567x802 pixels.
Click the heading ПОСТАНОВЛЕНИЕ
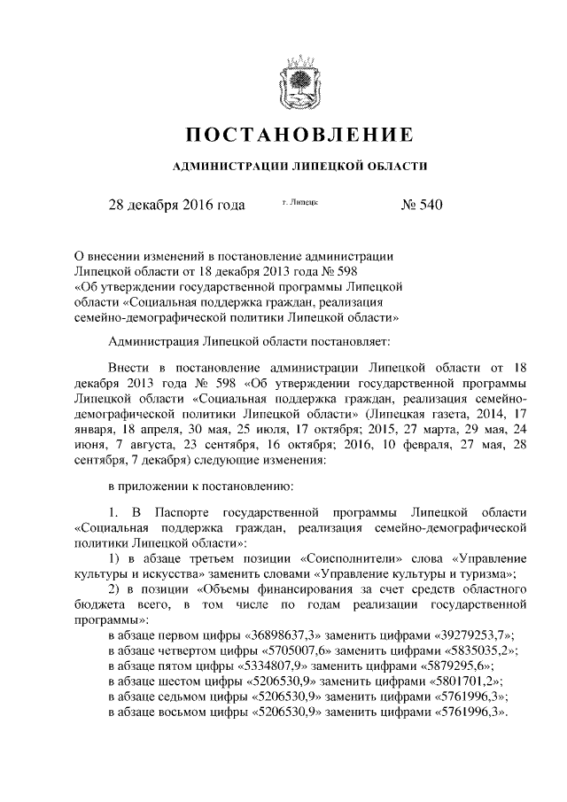coord(299,136)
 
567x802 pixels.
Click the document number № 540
coord(421,206)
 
